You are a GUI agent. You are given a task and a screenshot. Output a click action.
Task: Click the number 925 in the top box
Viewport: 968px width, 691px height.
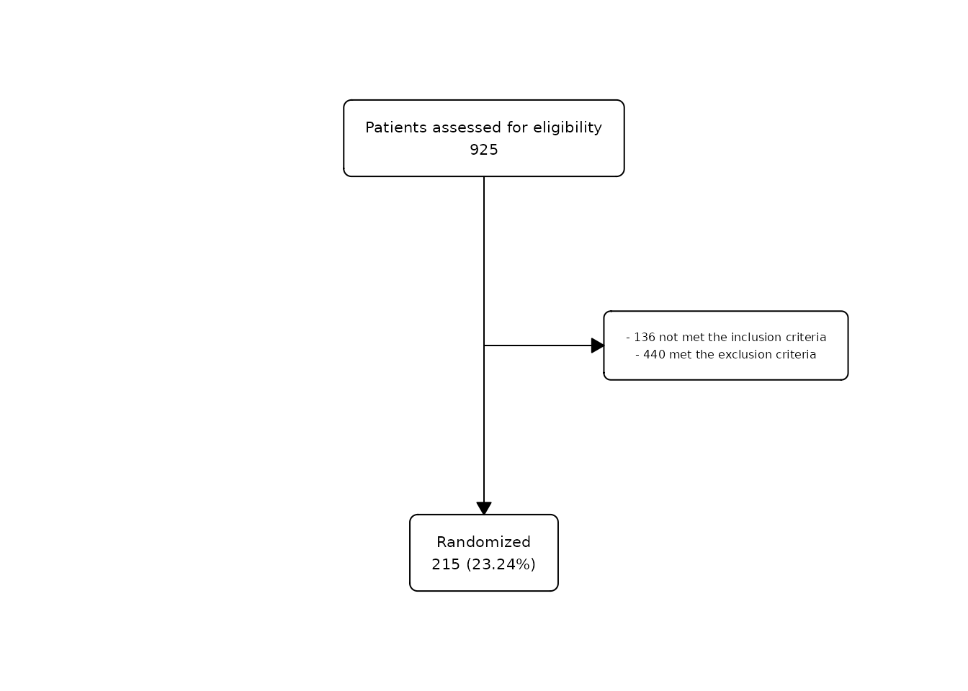tap(483, 150)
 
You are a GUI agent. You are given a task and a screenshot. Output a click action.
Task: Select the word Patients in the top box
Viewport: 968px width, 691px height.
tap(396, 127)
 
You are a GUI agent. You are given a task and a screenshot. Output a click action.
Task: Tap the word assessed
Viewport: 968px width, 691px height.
tap(467, 127)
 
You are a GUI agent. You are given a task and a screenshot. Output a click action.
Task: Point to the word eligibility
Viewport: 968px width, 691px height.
tap(568, 128)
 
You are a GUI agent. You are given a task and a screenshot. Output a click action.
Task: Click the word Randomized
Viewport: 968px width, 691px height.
tap(483, 542)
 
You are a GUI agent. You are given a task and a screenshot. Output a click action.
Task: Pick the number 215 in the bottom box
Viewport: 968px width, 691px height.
tap(446, 564)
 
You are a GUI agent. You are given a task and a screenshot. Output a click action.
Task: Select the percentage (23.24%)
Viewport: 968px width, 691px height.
tap(501, 564)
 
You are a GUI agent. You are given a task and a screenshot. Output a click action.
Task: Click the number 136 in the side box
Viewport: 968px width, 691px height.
tap(645, 338)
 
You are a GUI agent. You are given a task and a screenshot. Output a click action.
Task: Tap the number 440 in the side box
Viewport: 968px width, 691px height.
tap(654, 355)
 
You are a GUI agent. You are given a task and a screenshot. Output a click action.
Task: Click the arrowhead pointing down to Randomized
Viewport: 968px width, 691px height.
tap(484, 508)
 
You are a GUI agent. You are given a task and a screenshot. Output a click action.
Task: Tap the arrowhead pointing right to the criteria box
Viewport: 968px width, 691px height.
tap(598, 345)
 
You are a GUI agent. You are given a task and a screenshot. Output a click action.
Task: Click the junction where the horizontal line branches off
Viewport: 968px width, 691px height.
tap(484, 345)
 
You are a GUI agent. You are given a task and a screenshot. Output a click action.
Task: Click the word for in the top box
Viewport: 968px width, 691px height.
tap(517, 127)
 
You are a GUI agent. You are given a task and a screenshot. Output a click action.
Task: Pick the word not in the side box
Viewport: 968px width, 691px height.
tap(668, 338)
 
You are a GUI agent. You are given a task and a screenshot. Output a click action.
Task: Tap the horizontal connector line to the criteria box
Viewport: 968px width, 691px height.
tap(537, 345)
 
